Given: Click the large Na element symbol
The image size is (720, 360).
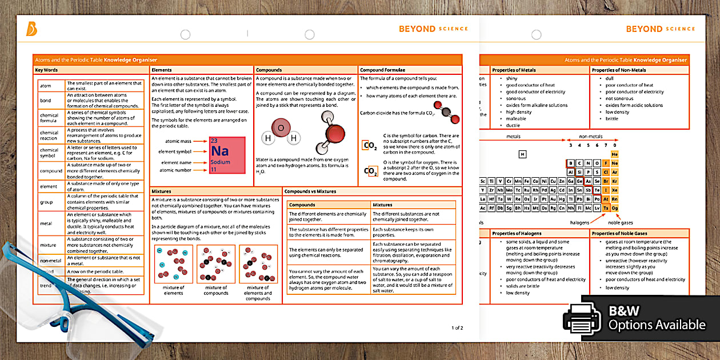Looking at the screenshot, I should click(220, 151).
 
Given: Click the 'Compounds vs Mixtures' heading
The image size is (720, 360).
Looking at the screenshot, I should click(310, 191).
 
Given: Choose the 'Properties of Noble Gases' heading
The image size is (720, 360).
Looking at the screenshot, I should click(618, 233).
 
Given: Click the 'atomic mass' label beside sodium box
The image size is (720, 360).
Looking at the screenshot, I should click(178, 141).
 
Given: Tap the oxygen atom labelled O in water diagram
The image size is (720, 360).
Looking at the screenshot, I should click(280, 128).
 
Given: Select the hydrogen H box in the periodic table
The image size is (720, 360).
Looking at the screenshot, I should click(522, 154).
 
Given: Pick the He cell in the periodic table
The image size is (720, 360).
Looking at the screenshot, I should click(615, 154).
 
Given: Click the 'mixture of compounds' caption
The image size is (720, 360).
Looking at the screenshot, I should click(216, 290).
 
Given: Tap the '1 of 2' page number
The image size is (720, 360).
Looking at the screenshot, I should click(457, 327).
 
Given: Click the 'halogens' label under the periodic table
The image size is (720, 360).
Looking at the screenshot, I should click(579, 222).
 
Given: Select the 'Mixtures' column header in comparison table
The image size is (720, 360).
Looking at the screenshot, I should click(383, 205).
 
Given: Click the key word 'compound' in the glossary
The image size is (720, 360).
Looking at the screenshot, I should click(51, 170).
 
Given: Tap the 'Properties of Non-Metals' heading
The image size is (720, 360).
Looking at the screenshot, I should click(618, 70).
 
